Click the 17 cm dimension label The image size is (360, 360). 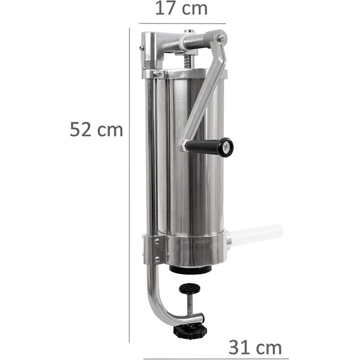(182, 9)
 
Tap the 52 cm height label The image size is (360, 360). (97, 130)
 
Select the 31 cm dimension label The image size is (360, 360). (255, 348)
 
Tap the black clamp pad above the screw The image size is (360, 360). (189, 288)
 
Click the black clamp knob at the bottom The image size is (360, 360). (190, 331)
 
